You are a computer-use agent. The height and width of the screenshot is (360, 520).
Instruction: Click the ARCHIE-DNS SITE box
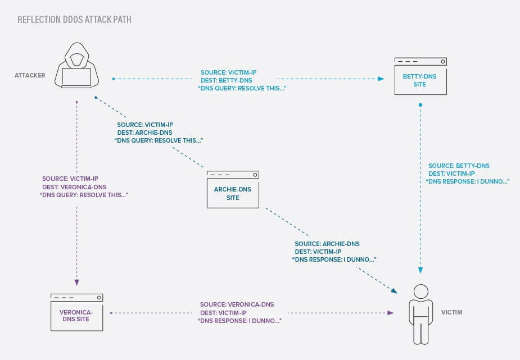[233, 190]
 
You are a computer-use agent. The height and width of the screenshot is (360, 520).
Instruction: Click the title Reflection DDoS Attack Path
[75, 20]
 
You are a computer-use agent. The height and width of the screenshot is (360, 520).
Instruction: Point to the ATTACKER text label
[30, 75]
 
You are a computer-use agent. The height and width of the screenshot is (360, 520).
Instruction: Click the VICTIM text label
[451, 312]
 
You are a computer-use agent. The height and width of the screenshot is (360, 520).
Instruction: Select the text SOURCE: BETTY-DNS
[459, 166]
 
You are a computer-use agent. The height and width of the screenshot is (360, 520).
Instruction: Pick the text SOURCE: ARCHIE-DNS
[327, 244]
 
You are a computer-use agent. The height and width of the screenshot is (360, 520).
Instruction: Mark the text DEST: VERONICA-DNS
[74, 186]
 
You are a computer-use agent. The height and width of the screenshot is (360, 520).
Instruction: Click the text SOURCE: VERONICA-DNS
[237, 304]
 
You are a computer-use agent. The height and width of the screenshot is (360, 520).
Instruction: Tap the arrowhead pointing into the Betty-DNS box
[381, 79]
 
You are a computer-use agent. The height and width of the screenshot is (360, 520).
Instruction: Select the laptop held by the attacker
[76, 77]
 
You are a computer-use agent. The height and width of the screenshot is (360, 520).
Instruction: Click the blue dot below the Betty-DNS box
[420, 105]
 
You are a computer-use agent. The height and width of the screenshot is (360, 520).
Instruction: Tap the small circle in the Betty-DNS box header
[443, 61]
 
